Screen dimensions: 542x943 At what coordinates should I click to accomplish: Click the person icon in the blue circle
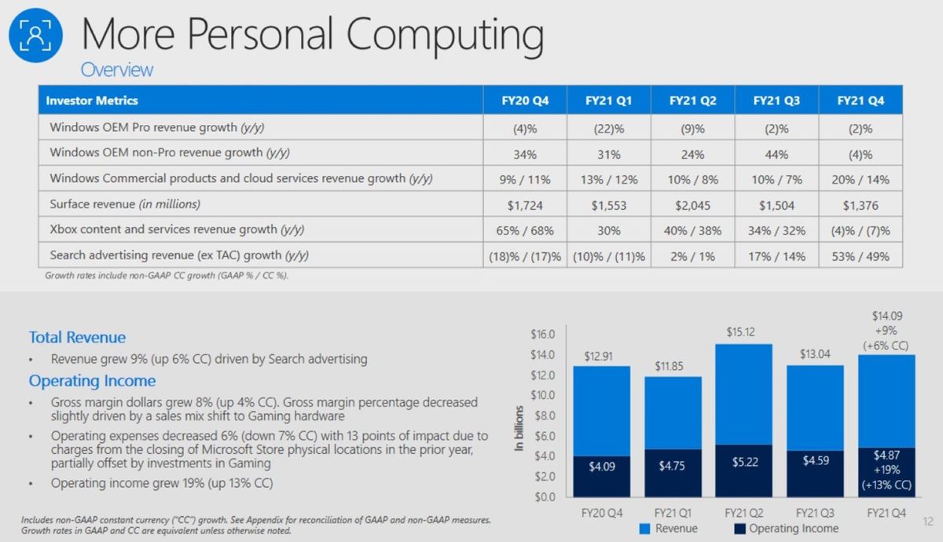coord(36,35)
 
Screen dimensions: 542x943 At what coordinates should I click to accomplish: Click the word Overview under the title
coord(117,69)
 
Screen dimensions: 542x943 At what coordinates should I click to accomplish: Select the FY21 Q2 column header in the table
coord(692,101)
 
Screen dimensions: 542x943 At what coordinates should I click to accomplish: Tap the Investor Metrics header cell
coord(92,101)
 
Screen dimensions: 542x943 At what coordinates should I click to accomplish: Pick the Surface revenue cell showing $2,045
coord(692,204)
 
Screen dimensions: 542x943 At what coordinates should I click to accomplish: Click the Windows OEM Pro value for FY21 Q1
coord(608,127)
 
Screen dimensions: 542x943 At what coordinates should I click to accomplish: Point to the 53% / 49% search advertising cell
coord(860,255)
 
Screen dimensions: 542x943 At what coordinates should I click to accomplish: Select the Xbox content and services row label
coord(177,230)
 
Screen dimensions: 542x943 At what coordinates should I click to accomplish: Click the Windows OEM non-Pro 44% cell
coord(776,153)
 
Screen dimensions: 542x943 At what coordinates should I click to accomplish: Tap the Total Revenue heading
coord(77,337)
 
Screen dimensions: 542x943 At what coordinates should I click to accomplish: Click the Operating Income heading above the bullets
coord(92,381)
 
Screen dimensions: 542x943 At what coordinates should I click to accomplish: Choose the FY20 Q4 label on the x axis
coord(601,511)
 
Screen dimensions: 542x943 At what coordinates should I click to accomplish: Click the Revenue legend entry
coord(668,529)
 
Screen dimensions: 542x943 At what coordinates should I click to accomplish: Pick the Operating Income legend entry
coord(786,529)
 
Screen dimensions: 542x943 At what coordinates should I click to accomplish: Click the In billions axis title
coord(519,429)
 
